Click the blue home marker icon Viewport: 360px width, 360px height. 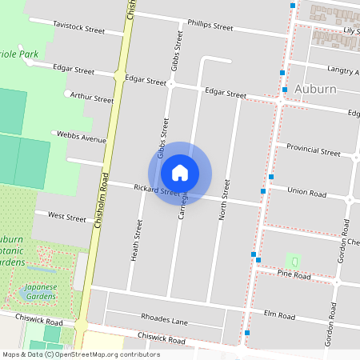(180, 173)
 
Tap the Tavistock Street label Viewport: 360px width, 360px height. (79, 27)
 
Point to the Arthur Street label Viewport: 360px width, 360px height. (92, 98)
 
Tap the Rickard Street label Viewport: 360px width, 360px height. (156, 191)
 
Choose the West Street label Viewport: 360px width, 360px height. (67, 217)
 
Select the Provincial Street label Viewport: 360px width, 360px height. (314, 150)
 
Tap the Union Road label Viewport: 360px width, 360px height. (307, 194)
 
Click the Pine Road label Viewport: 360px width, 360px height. (294, 274)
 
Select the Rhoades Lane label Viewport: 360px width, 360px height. (163, 318)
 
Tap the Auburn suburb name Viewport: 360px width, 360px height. (314, 89)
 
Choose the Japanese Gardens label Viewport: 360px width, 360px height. (40, 290)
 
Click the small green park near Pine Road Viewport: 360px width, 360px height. (294, 262)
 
